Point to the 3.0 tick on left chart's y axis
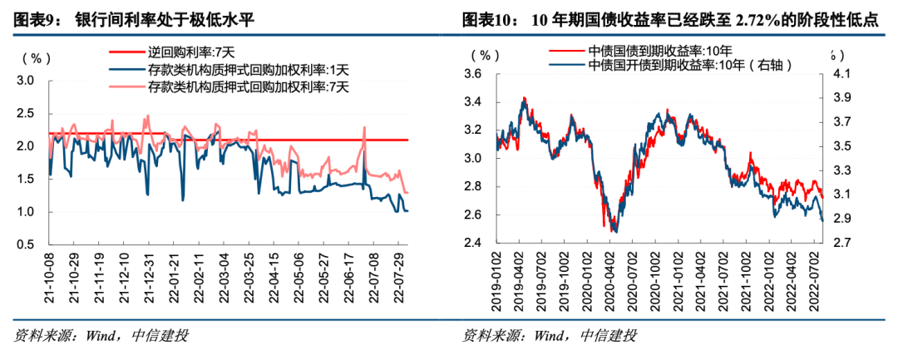(25, 81)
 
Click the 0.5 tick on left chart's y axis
(25, 244)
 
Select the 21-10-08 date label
(48, 280)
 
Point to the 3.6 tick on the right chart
(473, 75)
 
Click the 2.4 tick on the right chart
(473, 244)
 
